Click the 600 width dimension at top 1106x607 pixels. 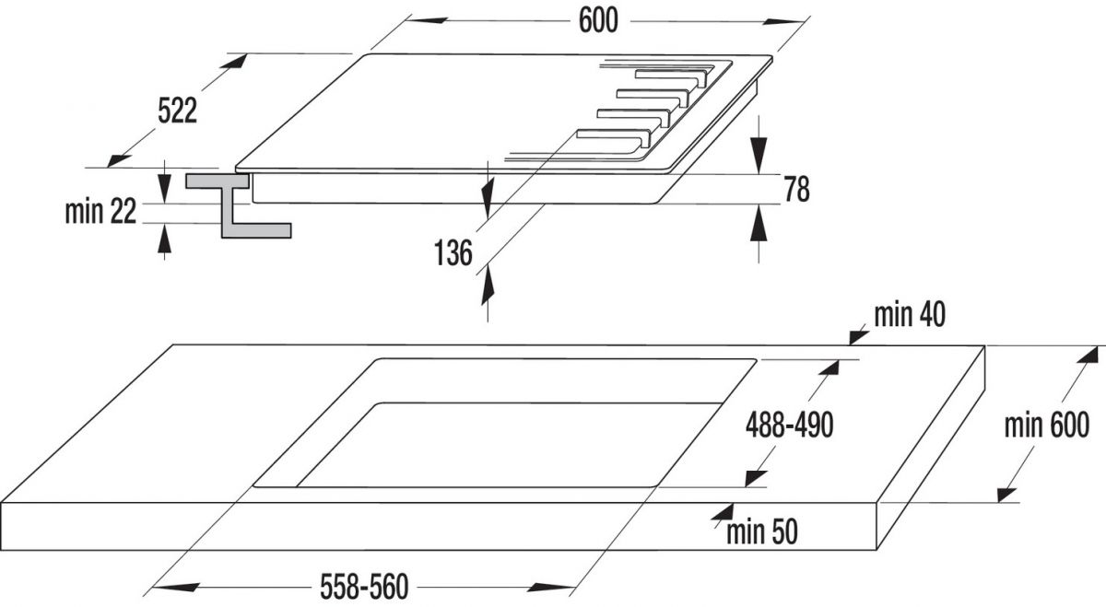(598, 21)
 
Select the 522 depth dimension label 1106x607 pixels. (177, 111)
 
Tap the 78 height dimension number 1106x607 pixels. (797, 189)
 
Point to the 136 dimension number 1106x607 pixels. (453, 252)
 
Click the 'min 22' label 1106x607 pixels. (100, 211)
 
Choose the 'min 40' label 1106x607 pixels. (910, 314)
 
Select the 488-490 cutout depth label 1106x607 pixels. (790, 425)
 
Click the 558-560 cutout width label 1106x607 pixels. (364, 587)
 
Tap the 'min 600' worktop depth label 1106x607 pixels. (1047, 425)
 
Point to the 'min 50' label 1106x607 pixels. (762, 532)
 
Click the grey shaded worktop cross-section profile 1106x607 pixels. (239, 205)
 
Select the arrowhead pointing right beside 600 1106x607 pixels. (784, 22)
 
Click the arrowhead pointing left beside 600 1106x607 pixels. (427, 21)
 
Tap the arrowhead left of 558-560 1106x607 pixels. (175, 588)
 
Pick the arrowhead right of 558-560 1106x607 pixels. (550, 588)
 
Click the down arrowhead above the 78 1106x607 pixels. (759, 155)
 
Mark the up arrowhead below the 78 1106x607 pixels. (759, 224)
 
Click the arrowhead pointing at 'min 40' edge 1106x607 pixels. (859, 337)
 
